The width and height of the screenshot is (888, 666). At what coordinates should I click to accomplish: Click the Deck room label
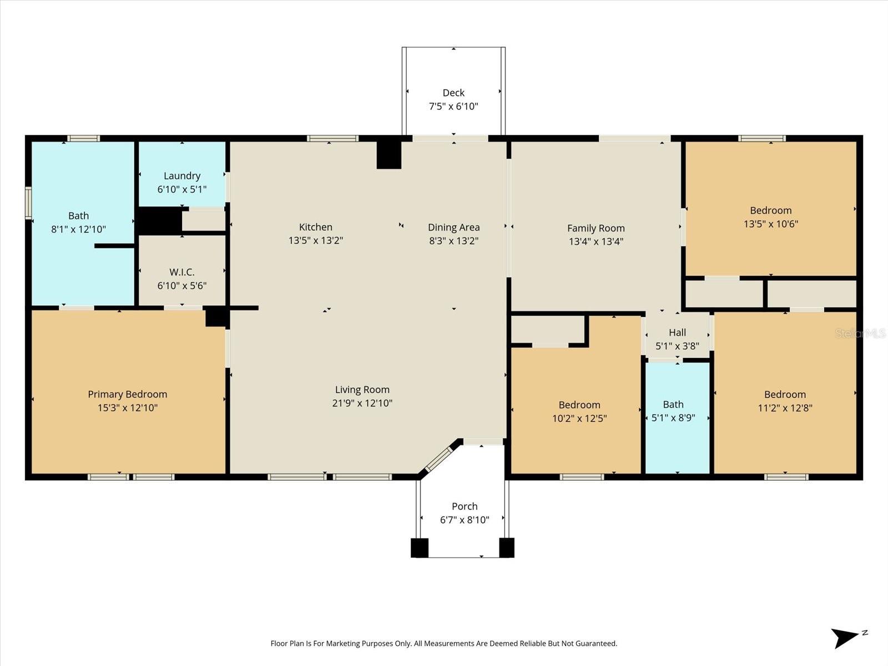pos(453,93)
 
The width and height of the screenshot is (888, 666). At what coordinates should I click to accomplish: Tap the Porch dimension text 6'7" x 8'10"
pos(465,520)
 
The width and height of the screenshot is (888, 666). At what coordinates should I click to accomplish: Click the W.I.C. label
pos(182,272)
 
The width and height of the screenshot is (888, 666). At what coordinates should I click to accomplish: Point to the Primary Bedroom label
pos(127,394)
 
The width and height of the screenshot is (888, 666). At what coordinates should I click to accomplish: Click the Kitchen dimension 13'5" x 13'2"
pos(315,240)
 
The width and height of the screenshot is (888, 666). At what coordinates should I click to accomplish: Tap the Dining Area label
pos(453,227)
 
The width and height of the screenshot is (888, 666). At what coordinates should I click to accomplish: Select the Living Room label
pos(362,390)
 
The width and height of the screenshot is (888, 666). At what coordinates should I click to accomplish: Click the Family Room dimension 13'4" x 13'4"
pos(596,241)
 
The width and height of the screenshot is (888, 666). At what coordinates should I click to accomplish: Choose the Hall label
pos(677,332)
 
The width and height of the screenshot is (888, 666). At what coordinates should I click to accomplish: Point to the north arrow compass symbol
pos(846,637)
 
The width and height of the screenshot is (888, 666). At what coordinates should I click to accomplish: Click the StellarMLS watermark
pos(860,333)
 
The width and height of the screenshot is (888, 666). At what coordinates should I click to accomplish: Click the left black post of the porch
pos(420,547)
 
